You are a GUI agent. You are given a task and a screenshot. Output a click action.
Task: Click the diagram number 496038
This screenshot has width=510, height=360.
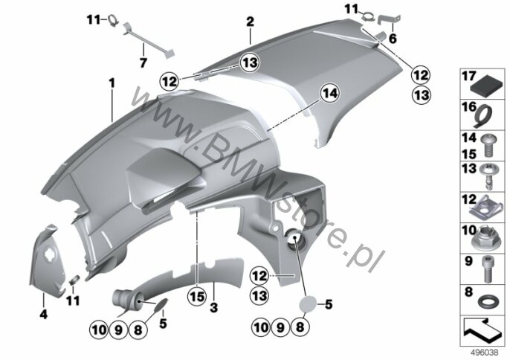click(x=485, y=353)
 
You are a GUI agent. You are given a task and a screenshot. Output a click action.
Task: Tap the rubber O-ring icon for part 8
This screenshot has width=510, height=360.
click(x=487, y=303)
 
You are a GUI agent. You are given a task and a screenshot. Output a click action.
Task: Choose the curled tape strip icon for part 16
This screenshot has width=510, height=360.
click(x=482, y=116)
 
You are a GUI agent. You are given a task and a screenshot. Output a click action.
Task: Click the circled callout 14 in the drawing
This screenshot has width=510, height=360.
click(x=330, y=94)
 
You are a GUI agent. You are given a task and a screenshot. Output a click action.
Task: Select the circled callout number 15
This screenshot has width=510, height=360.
click(x=198, y=296)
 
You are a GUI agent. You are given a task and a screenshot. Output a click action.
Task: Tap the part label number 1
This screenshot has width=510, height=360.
click(x=112, y=83)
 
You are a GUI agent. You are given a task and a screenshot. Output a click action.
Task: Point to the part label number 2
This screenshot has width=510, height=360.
click(x=250, y=22)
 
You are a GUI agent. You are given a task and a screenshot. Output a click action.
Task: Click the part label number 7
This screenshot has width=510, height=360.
click(x=143, y=62)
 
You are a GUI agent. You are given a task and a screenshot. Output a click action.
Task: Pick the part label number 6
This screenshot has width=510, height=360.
click(x=393, y=39)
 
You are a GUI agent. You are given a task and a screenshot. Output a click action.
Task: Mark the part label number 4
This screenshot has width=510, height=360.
click(x=43, y=315)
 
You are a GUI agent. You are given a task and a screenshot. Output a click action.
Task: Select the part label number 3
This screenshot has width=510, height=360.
click(x=213, y=307)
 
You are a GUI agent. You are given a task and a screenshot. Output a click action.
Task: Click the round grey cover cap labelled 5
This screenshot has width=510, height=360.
click(x=308, y=305)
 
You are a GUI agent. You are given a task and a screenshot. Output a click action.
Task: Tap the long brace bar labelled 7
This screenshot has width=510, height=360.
click(x=149, y=42)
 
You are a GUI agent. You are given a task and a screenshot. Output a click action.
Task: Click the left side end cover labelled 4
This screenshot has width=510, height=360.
click(x=44, y=260)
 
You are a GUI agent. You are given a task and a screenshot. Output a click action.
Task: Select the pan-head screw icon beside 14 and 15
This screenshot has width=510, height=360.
click(x=486, y=146)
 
